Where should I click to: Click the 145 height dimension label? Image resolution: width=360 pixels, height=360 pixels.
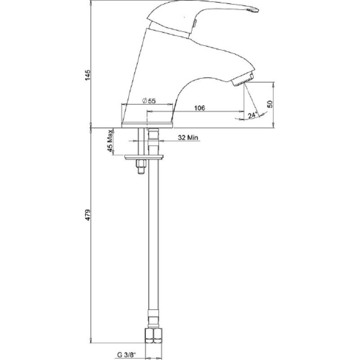(88, 75)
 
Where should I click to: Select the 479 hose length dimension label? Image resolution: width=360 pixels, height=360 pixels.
(88, 215)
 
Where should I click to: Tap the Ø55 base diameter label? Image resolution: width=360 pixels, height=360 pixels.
(149, 101)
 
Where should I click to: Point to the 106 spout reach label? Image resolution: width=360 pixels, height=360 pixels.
(199, 108)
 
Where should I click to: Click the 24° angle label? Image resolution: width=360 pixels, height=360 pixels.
(252, 115)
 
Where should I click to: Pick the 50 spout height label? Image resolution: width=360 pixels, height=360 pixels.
(270, 104)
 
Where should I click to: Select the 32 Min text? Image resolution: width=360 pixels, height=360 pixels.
(188, 138)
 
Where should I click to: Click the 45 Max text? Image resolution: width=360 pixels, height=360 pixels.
(110, 141)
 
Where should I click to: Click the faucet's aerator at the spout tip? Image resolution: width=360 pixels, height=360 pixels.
(243, 79)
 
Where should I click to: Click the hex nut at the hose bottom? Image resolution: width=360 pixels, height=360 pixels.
(153, 336)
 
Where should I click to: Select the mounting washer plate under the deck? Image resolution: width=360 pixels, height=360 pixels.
(144, 157)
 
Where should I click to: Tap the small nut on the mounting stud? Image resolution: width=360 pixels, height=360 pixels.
(140, 164)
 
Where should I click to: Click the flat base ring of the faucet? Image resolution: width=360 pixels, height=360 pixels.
(147, 125)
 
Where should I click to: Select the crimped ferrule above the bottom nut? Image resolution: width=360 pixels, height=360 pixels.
(153, 319)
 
